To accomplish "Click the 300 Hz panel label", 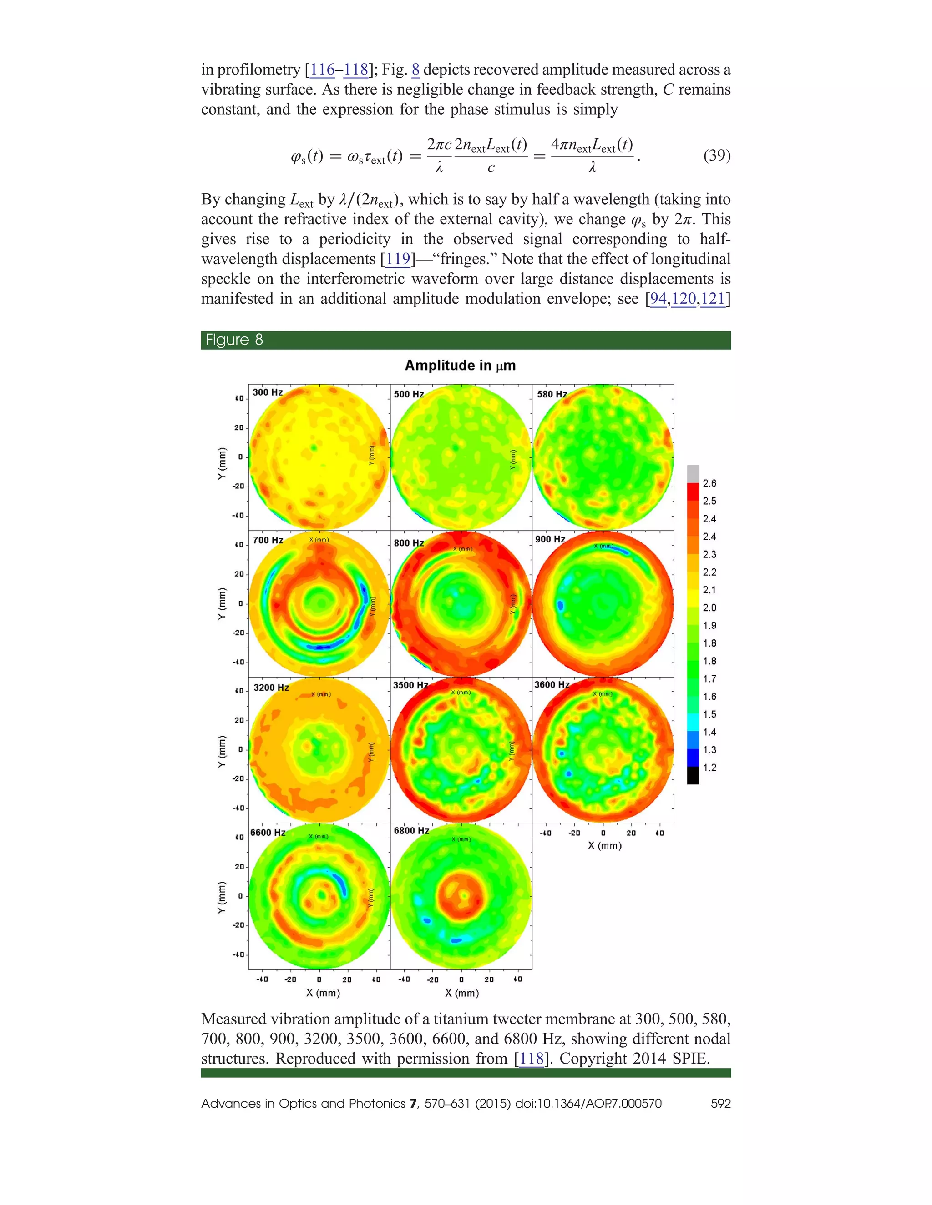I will click(x=267, y=392).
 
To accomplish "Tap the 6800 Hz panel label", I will click(x=411, y=830).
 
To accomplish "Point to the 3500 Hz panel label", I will click(x=410, y=685).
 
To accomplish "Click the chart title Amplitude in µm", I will click(x=460, y=365).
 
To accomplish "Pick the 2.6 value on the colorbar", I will click(x=709, y=483).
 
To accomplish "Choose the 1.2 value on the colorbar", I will click(x=709, y=768).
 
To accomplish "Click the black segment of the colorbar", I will click(x=693, y=776).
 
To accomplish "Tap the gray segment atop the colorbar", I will click(x=693, y=474).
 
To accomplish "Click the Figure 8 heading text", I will click(x=234, y=340).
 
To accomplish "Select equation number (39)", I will click(x=717, y=155).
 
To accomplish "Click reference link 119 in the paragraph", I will click(x=398, y=259).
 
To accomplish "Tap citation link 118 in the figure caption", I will click(x=532, y=1058).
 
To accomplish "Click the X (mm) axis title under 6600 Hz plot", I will click(x=323, y=993).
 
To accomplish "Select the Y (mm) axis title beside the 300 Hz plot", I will click(x=222, y=463).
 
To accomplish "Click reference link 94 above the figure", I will click(x=658, y=298).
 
